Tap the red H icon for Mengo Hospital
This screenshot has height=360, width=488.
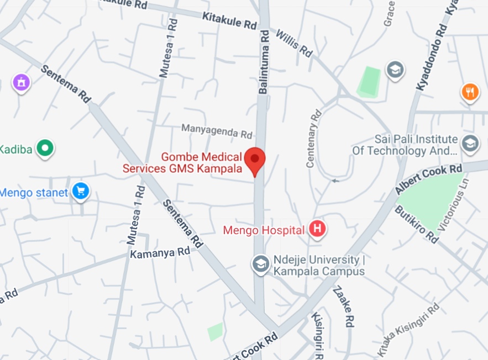[x=317, y=229]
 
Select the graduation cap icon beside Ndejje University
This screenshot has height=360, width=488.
[x=261, y=264]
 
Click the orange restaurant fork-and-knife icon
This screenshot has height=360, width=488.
[x=470, y=92]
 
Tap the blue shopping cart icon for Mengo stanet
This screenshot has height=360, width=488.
[x=81, y=192]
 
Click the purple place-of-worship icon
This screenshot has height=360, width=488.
[x=21, y=83]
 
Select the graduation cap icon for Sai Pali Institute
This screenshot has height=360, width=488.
[x=470, y=144]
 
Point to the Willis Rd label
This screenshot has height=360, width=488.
[x=293, y=43]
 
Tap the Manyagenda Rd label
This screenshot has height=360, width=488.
[x=217, y=131]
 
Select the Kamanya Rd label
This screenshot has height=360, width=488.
[x=160, y=252]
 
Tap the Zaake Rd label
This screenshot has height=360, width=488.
[x=343, y=307]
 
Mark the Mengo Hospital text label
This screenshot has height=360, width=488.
[x=264, y=230]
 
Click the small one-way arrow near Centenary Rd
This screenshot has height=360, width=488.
[x=334, y=180]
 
